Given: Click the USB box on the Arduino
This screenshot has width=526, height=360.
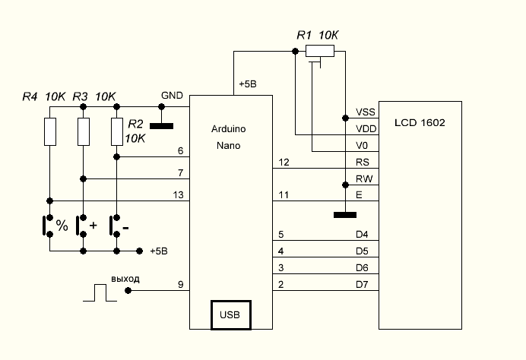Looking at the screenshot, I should pos(231,314).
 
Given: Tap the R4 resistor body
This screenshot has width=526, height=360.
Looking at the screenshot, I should pos(50,131).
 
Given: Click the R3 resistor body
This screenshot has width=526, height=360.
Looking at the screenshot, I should pos(84,131).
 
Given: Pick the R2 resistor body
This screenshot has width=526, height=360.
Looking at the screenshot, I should pos(117,131).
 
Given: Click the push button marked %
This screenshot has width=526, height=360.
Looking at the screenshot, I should pos(46,226).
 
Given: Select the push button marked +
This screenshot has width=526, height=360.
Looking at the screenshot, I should pos(79,226).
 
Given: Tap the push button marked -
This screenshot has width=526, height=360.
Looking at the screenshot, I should pos(112,226).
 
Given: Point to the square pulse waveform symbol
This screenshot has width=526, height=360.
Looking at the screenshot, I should pos(100,293).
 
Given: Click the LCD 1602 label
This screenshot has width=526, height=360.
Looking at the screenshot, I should pos(420,122).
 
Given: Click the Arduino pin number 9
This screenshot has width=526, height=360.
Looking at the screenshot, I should pos(180,285).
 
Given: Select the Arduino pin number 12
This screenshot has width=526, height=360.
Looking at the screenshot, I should pos(284,163).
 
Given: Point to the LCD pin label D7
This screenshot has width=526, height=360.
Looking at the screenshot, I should pos(363,285).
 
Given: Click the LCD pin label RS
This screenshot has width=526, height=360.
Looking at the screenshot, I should pos(363,163).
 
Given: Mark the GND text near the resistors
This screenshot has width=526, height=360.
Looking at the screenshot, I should pos(172,95).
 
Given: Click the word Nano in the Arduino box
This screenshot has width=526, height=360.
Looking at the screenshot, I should pos(228,145).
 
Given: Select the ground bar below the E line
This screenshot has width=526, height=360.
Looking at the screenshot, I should pos(345,215).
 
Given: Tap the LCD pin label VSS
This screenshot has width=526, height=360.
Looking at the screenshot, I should pos(365,112).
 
